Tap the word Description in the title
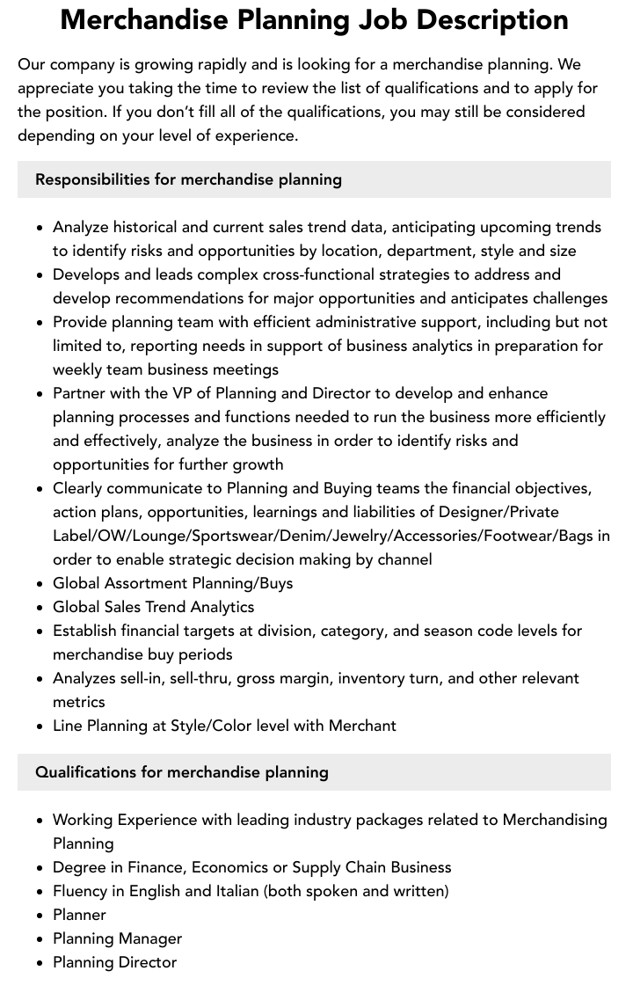pyautogui.click(x=492, y=19)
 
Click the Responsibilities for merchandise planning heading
pyautogui.click(x=188, y=179)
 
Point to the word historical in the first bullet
pyautogui.click(x=150, y=227)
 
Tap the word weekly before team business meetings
pyautogui.click(x=77, y=369)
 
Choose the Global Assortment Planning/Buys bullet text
pyautogui.click(x=172, y=583)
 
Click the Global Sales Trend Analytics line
pyautogui.click(x=153, y=607)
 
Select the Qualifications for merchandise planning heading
pyautogui.click(x=181, y=772)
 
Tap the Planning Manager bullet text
pyautogui.click(x=117, y=938)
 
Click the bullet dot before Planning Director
pyautogui.click(x=40, y=963)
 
